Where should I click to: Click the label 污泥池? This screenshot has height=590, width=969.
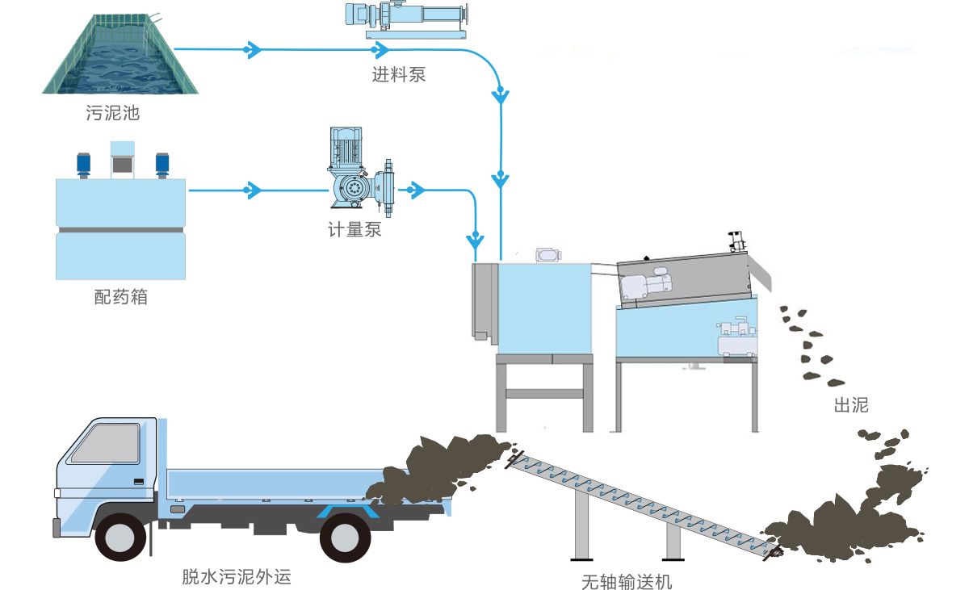click(113, 113)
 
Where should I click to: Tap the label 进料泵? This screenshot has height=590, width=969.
click(398, 76)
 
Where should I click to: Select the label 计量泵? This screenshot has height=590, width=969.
click(354, 230)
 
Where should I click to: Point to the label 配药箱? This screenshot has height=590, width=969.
click(121, 297)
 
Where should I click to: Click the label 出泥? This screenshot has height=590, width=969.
click(850, 405)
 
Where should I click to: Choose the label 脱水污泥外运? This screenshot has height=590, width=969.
click(236, 577)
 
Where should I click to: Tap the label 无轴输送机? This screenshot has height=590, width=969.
click(627, 582)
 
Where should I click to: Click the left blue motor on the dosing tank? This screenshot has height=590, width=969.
click(83, 163)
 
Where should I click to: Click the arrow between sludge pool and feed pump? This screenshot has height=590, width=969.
click(254, 50)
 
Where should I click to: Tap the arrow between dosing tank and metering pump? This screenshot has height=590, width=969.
click(254, 191)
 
